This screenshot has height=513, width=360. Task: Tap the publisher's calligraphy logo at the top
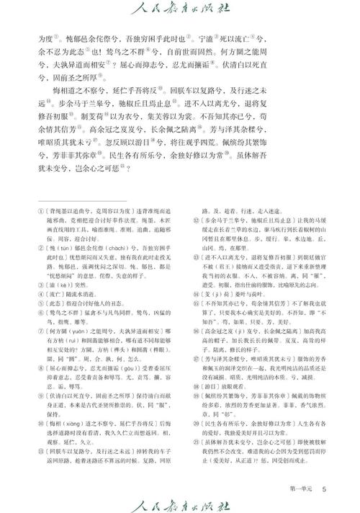[x=179, y=11]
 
